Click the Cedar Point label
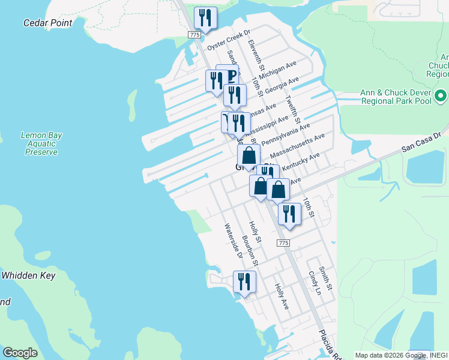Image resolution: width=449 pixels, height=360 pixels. coord(47,23)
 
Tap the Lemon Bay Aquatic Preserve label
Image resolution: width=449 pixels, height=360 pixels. coord(41,144)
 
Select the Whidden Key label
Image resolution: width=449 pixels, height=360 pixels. coord(28,275)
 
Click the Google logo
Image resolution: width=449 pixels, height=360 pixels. coord(20,353)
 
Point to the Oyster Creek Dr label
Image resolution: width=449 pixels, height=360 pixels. coord(228,40)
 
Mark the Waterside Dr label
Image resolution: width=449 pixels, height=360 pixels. coord(233,241)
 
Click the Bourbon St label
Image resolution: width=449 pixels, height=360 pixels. coord(250,251)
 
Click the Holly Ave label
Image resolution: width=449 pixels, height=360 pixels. coord(282,297)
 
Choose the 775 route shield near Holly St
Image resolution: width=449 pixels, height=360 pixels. coord(284,242)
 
